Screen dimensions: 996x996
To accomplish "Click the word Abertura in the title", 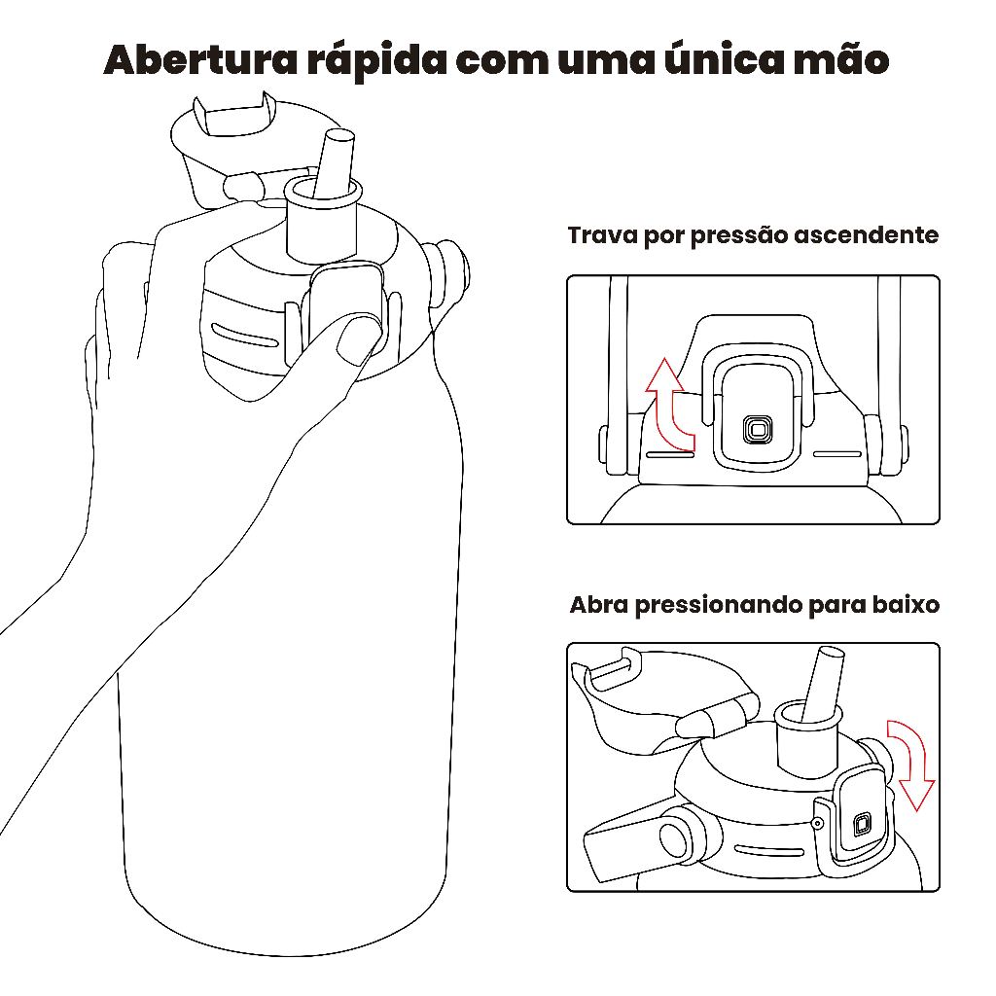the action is [200, 60].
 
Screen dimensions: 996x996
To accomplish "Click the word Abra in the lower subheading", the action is [599, 604].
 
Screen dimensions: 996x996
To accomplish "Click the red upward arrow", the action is [667, 407].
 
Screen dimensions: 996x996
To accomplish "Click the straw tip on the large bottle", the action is [338, 136].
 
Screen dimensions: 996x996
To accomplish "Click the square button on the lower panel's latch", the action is [862, 824].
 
